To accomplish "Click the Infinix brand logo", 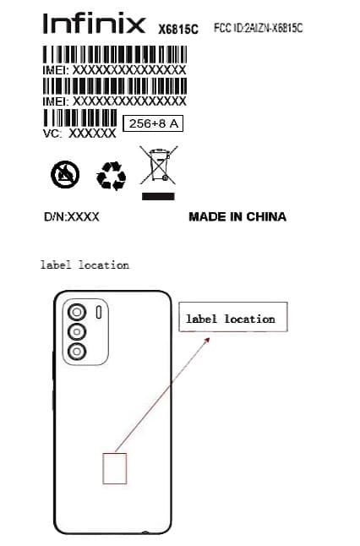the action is [94, 24].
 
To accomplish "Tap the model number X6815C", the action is [178, 29].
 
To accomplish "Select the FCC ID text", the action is [258, 28].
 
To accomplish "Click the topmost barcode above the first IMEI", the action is [115, 55].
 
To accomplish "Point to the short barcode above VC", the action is [80, 117].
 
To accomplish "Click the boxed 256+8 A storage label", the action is [153, 123].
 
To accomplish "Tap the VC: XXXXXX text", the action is [79, 133].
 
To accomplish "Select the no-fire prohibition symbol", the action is [65, 174].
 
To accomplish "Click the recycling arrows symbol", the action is [111, 176].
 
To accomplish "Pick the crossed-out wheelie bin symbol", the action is [158, 165].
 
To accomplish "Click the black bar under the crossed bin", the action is [158, 196].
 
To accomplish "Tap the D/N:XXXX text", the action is [71, 217].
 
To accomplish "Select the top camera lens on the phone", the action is [77, 312].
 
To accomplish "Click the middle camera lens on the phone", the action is [77, 332].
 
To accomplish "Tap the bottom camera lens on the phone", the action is [77, 352].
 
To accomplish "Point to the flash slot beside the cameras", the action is [99, 312].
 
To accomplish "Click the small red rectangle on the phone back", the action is [115, 468].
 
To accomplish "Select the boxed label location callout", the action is [233, 317].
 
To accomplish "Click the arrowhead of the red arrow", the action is [208, 340].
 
